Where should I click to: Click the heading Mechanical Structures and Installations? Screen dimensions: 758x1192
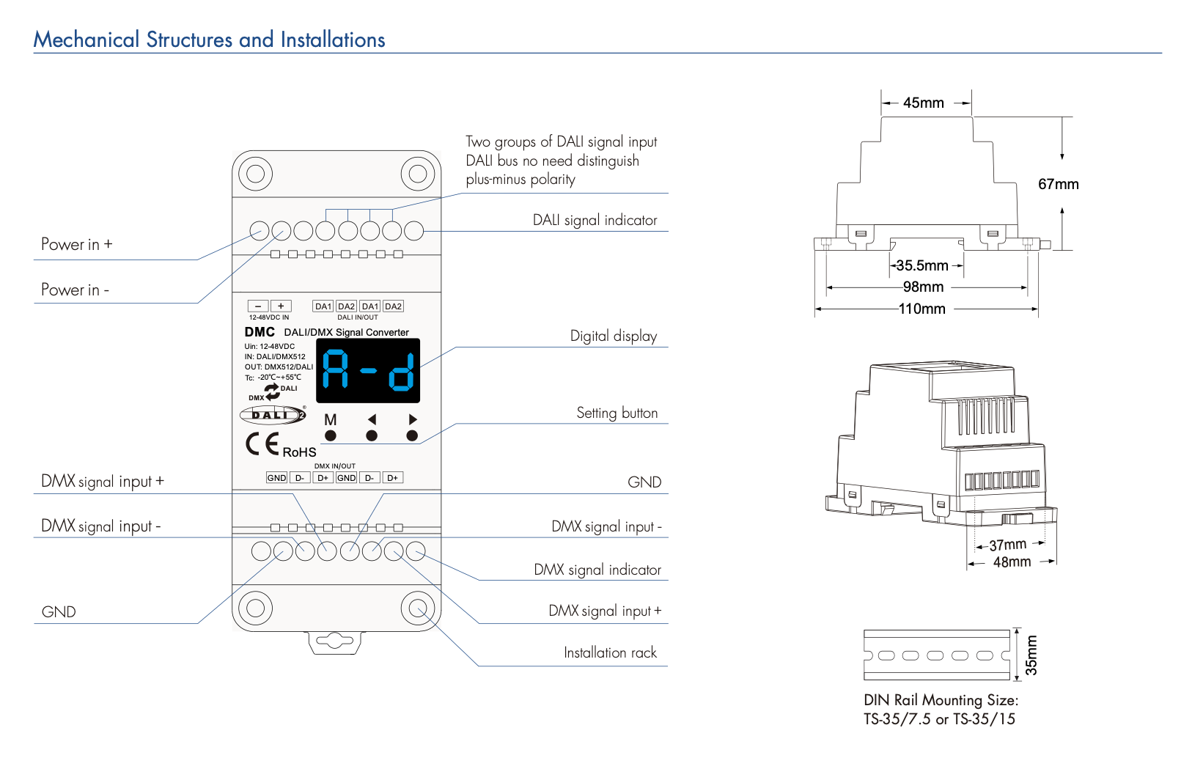(209, 40)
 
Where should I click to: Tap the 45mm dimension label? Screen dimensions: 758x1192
(923, 103)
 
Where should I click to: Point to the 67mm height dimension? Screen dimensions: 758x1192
(1058, 185)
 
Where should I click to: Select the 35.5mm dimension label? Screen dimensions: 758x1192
(922, 266)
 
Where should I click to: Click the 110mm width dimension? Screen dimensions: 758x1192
(922, 309)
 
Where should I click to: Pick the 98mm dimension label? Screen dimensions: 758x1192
(923, 287)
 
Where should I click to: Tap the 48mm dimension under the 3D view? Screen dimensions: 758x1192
(1012, 562)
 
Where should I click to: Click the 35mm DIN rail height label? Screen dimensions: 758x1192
(1031, 655)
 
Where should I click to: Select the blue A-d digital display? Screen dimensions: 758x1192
(368, 370)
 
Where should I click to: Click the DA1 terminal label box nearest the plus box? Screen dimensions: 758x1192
(323, 306)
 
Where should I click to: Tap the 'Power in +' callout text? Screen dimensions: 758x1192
(77, 245)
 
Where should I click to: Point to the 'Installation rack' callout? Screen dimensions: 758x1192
(610, 653)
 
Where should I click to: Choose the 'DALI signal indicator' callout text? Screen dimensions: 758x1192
(595, 221)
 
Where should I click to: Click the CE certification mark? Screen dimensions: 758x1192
(262, 444)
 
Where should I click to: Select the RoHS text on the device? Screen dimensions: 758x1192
(299, 452)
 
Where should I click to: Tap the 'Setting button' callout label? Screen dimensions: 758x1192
(617, 413)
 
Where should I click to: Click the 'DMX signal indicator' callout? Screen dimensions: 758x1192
(597, 570)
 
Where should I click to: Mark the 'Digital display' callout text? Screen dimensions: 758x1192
(613, 336)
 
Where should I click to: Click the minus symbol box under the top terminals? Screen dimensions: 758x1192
(258, 306)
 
